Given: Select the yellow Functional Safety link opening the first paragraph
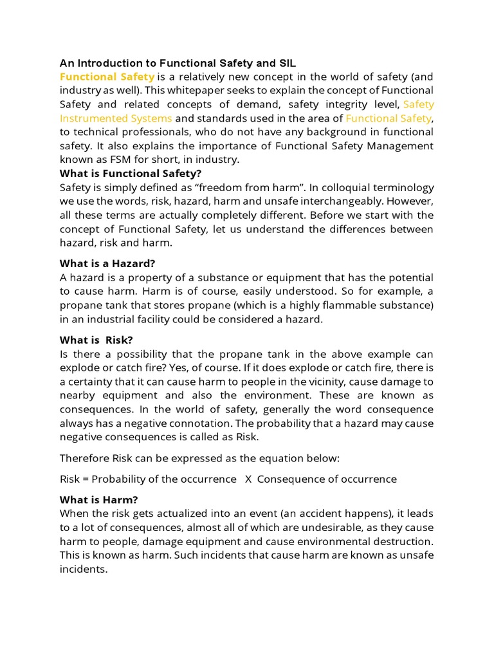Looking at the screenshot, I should (107, 77).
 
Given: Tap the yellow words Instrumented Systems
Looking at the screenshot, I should (116, 118).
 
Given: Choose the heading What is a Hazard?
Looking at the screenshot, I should (107, 263).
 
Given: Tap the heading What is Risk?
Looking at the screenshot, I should (96, 340).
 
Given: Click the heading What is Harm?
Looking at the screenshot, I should (98, 499).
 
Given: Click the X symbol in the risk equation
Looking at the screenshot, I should (248, 479).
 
